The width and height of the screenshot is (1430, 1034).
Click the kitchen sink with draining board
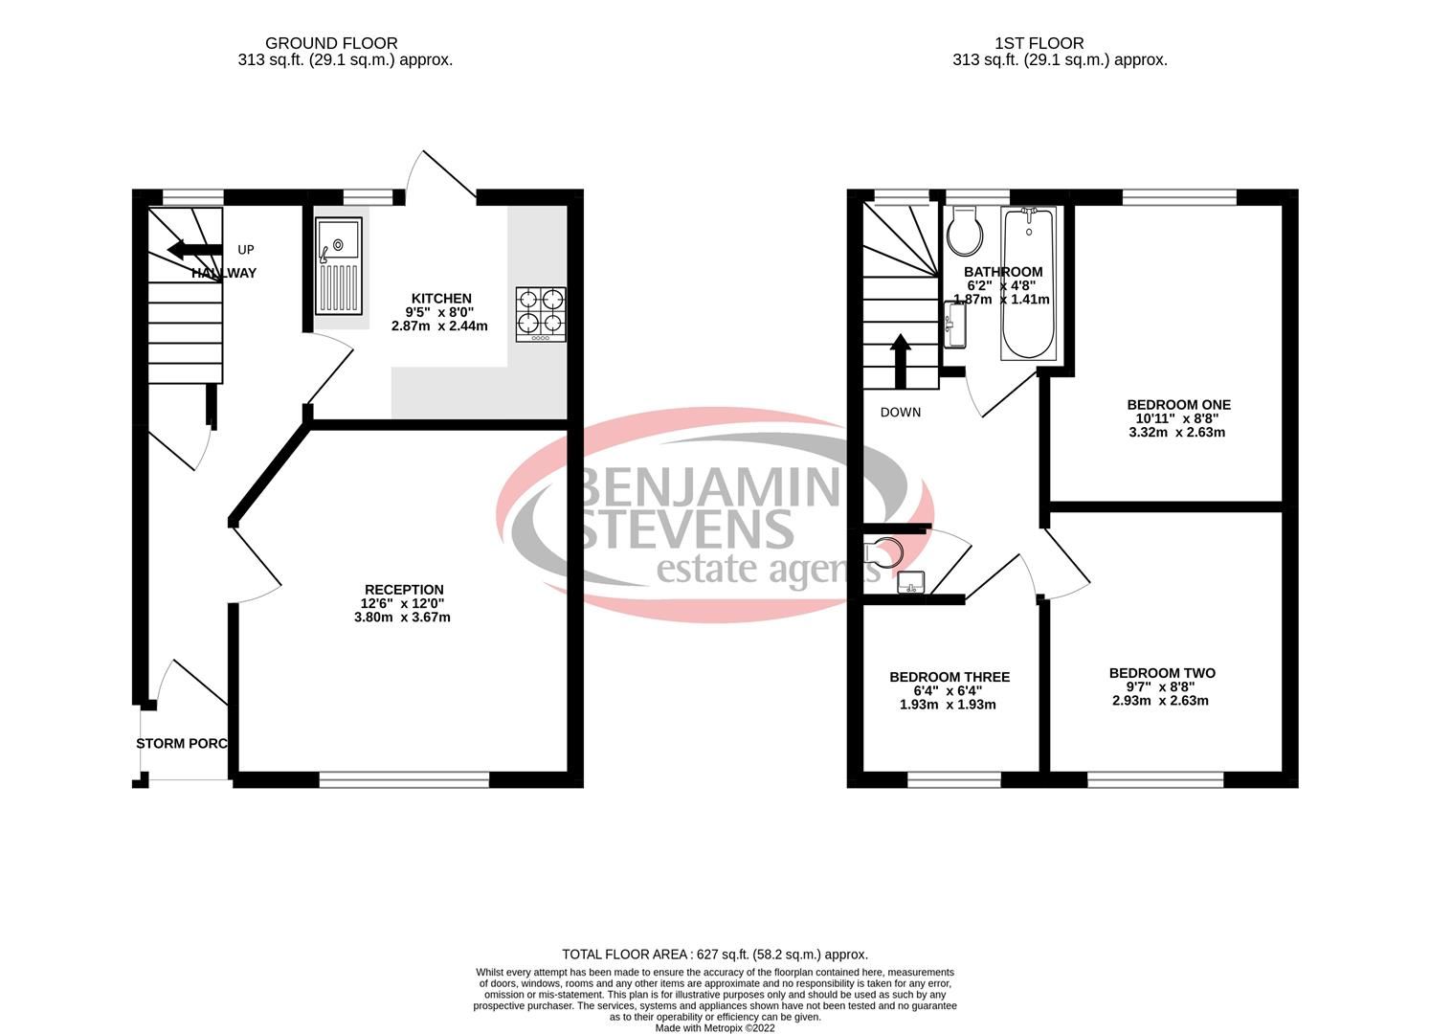coord(340,265)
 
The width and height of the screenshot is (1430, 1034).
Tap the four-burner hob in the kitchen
coord(541,314)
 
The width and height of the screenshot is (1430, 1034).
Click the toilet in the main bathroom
coord(963,230)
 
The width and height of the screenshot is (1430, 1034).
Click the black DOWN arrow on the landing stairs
coord(900,360)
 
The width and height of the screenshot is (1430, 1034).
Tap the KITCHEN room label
coord(441,299)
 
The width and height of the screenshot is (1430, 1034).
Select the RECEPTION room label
coord(404,590)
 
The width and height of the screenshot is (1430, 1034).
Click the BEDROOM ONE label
coord(1178,405)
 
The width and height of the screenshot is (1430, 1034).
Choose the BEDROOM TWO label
coord(1162,673)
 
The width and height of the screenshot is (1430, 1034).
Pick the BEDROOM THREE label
coord(950,677)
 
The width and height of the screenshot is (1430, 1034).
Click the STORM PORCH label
coord(182,744)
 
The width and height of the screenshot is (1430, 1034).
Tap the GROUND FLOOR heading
coord(331,43)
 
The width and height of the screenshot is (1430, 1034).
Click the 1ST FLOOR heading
coord(1039,43)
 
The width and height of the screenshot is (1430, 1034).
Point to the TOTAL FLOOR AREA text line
coord(714,955)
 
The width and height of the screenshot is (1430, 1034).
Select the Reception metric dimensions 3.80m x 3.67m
coord(402,618)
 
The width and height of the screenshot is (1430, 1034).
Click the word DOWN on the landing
coord(900,413)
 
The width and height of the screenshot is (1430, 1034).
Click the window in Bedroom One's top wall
coord(1178,198)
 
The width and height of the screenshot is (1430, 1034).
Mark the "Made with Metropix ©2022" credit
coord(714,1028)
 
